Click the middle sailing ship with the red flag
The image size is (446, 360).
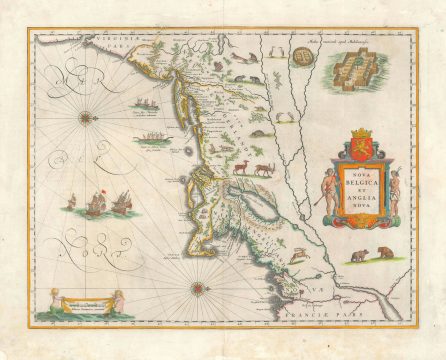tap(98, 201)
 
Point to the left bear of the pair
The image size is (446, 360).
tap(358, 256)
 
